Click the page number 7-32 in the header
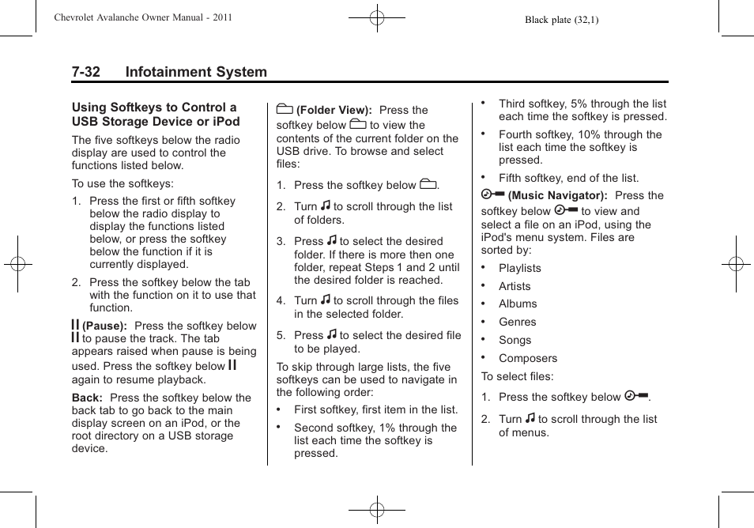(86, 72)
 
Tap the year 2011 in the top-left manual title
(221, 17)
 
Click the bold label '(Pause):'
(104, 326)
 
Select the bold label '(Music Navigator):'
(557, 195)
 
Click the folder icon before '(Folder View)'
(285, 109)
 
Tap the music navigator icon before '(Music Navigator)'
(492, 194)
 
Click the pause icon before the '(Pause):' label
(75, 324)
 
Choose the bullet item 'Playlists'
(519, 268)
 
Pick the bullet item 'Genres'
(517, 322)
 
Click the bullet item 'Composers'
(527, 358)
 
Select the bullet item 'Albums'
(517, 304)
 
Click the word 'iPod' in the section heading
(224, 122)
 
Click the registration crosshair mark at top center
(377, 17)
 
